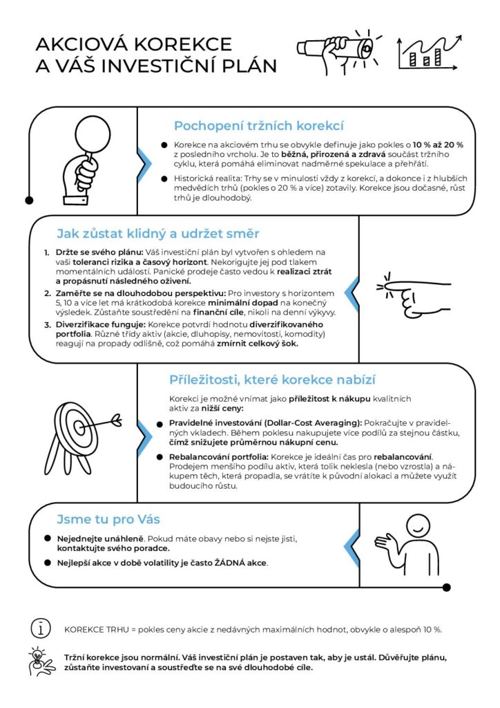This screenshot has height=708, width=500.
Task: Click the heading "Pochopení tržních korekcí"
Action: tap(258, 126)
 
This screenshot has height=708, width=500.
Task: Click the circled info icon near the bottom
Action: tap(41, 628)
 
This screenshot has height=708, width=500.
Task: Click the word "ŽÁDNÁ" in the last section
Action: tap(210, 562)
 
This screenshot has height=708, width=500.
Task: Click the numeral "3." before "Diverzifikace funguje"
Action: tap(46, 324)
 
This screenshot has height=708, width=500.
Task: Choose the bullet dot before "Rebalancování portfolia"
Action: tap(163, 457)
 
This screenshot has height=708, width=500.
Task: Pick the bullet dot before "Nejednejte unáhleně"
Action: tap(47, 538)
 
